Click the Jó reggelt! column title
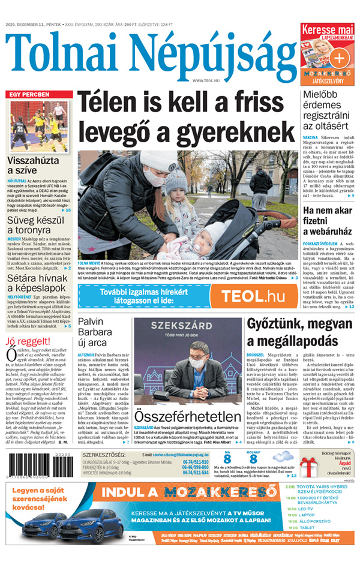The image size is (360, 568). tap(28, 341)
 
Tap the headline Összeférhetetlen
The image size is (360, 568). tap(181, 416)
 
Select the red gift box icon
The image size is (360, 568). tap(310, 467)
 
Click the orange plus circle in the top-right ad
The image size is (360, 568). tap(340, 58)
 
